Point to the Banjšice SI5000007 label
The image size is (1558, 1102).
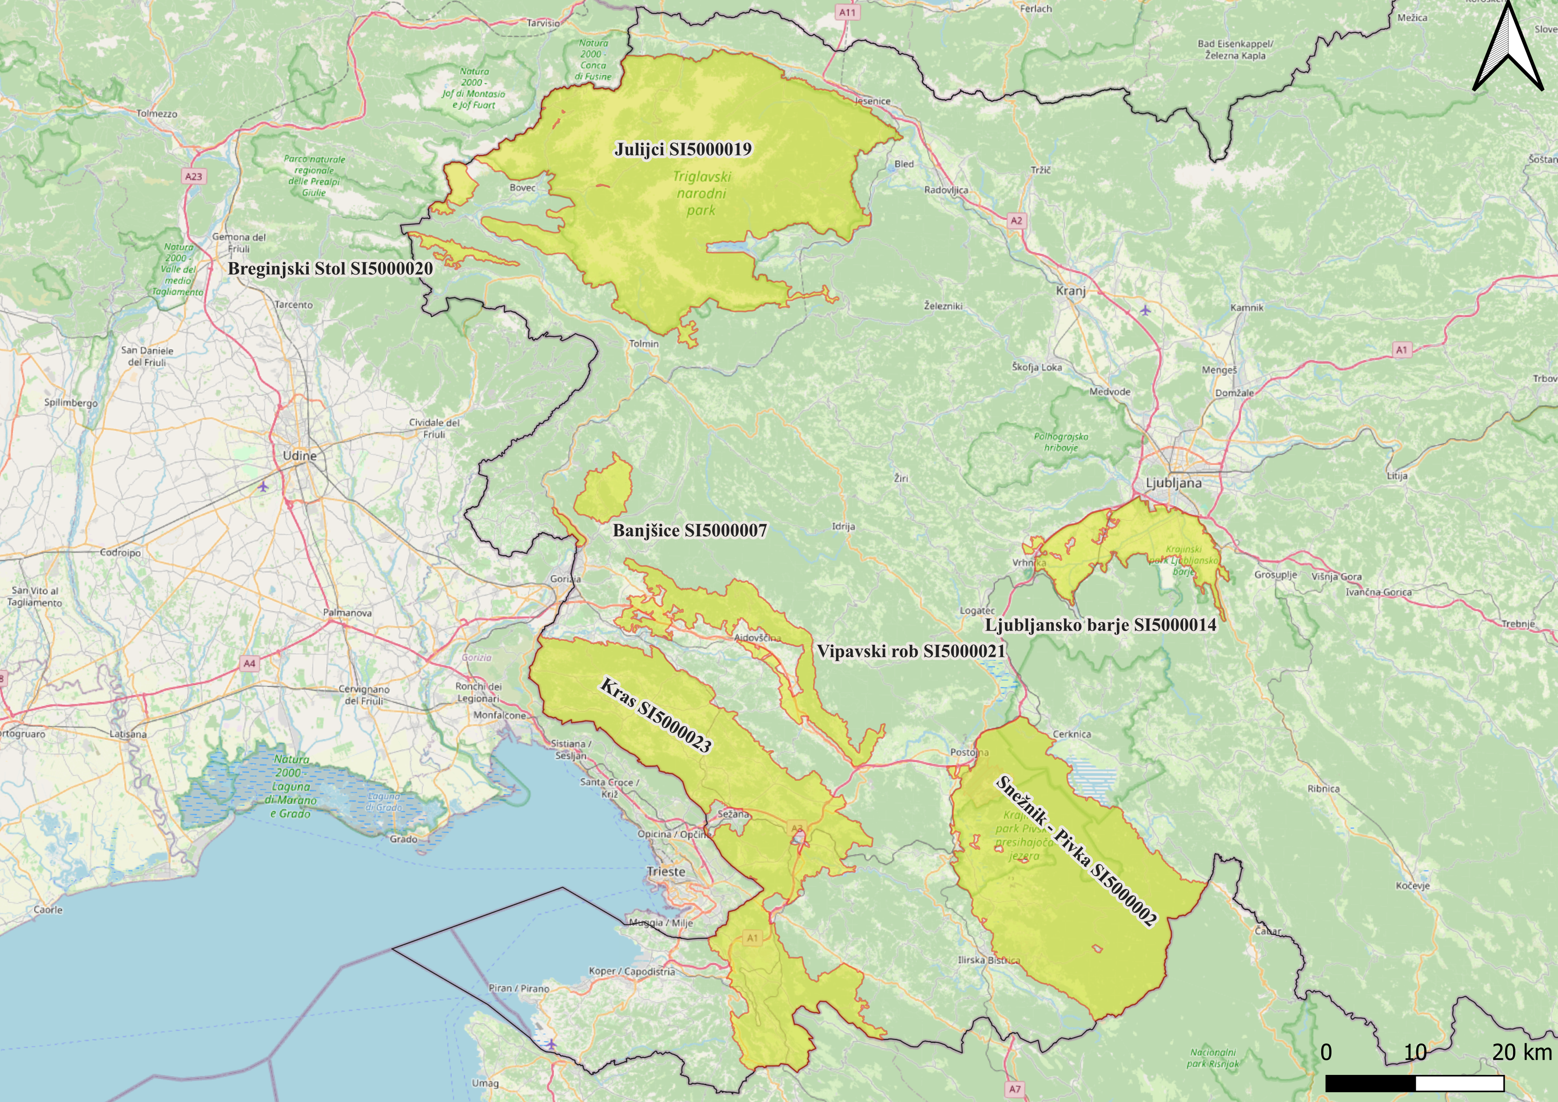tap(689, 531)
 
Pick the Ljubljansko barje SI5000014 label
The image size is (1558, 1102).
tap(1100, 624)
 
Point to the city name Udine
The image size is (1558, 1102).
tap(299, 455)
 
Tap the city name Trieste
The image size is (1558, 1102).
tap(665, 871)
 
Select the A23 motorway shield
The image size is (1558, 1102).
tap(193, 176)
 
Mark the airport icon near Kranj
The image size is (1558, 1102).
tap(1145, 310)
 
